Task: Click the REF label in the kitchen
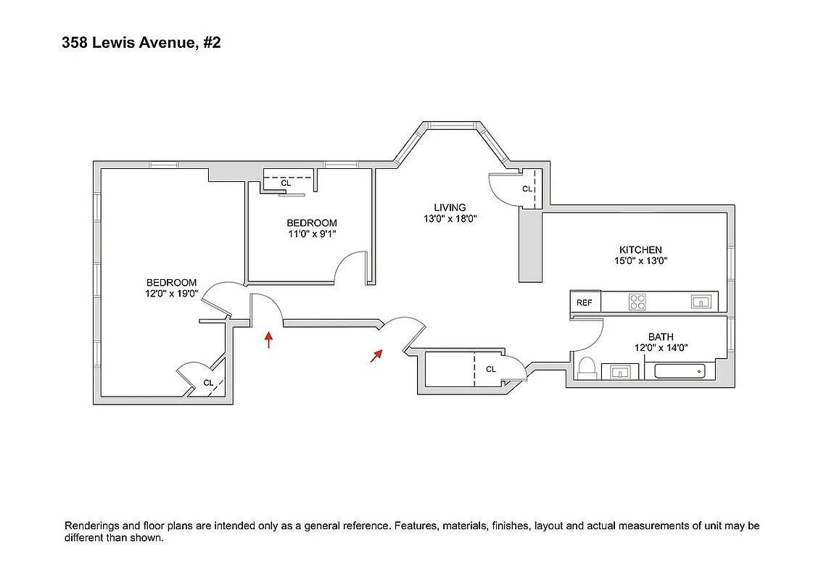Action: tap(585, 303)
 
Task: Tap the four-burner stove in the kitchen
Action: tap(638, 302)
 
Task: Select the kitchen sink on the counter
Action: tap(700, 302)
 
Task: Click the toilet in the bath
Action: tap(587, 368)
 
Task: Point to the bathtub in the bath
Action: tap(680, 371)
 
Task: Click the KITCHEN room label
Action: tap(640, 250)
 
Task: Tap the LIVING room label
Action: tap(450, 207)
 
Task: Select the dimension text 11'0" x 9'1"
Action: tap(312, 234)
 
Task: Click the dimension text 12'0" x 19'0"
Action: tap(172, 294)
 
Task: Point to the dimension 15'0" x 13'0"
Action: tap(640, 261)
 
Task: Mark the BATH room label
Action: tap(661, 337)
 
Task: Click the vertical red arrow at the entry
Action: tap(269, 340)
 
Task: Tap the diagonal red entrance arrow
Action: tap(376, 355)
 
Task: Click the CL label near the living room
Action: tap(527, 189)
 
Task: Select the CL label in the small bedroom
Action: tap(286, 183)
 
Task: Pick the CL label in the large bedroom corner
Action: tap(208, 383)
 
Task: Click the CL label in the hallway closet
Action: tap(491, 369)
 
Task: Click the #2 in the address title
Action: tap(211, 43)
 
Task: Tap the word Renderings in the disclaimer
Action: tap(91, 526)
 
